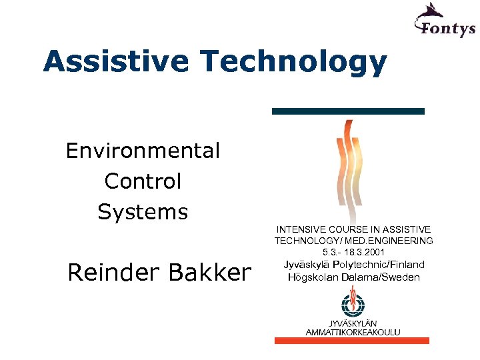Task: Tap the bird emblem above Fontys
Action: click(x=431, y=11)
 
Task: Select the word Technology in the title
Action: click(x=293, y=62)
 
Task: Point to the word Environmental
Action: click(x=143, y=151)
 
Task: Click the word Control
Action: click(x=143, y=181)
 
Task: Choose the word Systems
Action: click(x=143, y=212)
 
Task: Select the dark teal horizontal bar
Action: click(x=348, y=111)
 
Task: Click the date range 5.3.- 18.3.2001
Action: click(x=354, y=253)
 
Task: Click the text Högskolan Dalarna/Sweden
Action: click(x=354, y=277)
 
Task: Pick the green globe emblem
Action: click(x=353, y=306)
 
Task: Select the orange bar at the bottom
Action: click(x=352, y=341)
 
